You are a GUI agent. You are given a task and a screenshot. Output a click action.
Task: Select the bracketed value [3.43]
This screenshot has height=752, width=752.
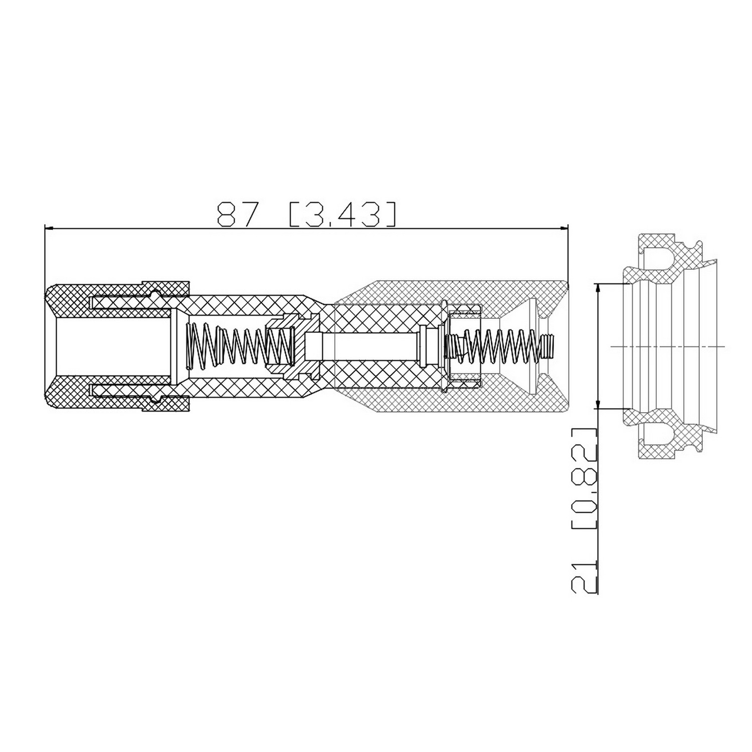tap(343, 215)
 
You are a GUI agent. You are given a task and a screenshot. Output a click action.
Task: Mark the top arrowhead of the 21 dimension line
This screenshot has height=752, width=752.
tap(598, 290)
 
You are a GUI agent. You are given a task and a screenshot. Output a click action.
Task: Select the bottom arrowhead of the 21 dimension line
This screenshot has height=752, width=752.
tap(598, 402)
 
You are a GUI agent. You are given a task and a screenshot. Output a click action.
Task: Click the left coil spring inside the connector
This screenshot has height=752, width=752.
tap(241, 346)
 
